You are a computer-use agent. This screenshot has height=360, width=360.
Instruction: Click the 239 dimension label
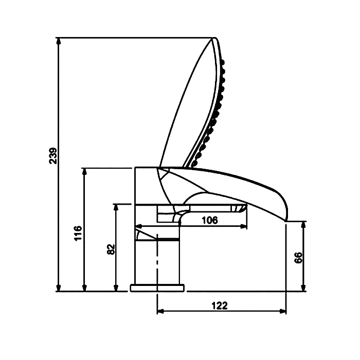click(53, 156)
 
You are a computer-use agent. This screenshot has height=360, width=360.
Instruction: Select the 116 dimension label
click(78, 233)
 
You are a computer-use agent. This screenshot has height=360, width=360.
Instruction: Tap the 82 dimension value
click(111, 249)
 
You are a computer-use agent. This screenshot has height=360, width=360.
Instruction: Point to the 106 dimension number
click(210, 221)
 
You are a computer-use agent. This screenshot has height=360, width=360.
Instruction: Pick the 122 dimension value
click(220, 305)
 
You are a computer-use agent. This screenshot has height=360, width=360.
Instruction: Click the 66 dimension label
click(298, 258)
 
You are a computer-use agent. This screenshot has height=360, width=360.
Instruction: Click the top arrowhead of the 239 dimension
click(59, 41)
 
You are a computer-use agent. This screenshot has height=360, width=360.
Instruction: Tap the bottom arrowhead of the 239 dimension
click(59, 287)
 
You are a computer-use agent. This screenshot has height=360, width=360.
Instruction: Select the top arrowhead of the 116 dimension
click(84, 172)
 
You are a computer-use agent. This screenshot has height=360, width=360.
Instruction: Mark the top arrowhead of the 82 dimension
click(116, 207)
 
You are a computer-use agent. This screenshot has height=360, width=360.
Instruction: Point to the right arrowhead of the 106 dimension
click(244, 226)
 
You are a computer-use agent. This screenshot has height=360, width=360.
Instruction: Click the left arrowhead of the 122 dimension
click(160, 311)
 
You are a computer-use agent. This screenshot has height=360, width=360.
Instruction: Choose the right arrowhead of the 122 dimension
click(283, 311)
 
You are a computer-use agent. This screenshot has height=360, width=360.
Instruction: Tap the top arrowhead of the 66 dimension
click(303, 225)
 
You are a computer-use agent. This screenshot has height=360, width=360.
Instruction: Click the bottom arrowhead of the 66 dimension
click(303, 287)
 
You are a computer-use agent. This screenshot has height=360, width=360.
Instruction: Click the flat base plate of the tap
click(157, 288)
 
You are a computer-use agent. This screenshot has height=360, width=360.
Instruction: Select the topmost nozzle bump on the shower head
click(223, 62)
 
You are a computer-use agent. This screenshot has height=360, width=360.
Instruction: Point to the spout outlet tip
click(286, 221)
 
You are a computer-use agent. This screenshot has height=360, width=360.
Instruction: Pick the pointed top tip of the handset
click(214, 38)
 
